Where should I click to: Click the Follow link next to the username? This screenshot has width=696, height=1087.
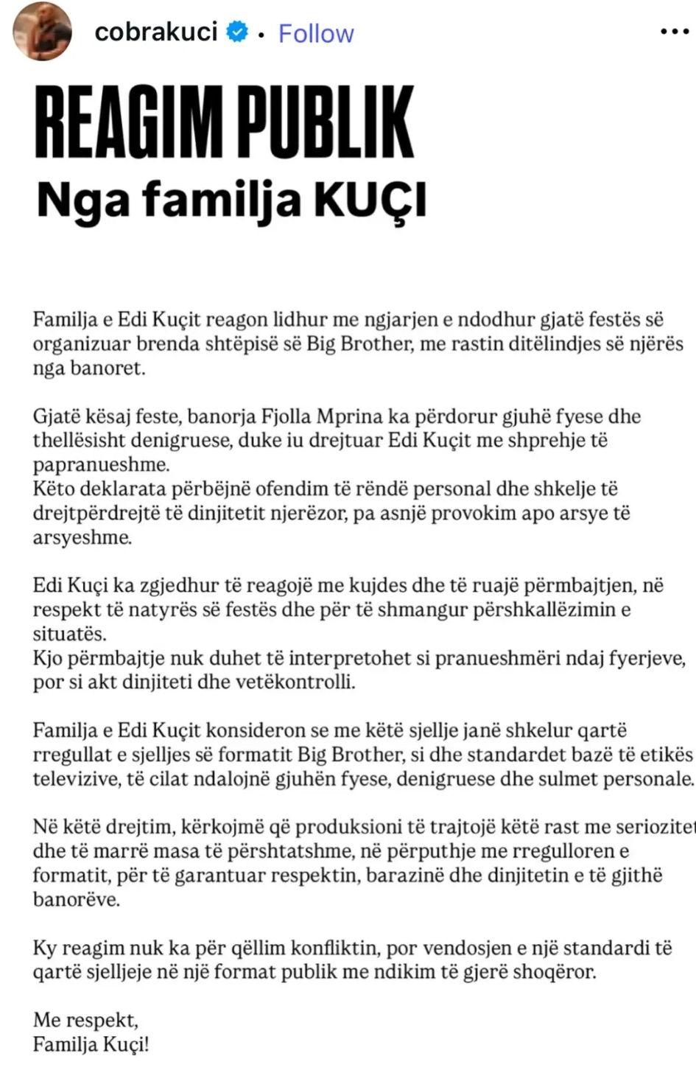pos(316,33)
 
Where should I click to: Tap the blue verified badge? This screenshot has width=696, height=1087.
pos(237,32)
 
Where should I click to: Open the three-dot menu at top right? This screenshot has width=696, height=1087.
pos(674,32)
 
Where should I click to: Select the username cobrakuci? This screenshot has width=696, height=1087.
pos(155,32)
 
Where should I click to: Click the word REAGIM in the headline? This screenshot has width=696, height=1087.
pos(128,122)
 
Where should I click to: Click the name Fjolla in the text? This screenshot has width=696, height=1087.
pos(287,416)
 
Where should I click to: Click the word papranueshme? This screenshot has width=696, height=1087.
pos(100,465)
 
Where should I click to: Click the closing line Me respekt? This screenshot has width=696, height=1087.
pos(85,1021)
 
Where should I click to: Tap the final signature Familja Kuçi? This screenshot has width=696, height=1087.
pos(91,1045)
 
